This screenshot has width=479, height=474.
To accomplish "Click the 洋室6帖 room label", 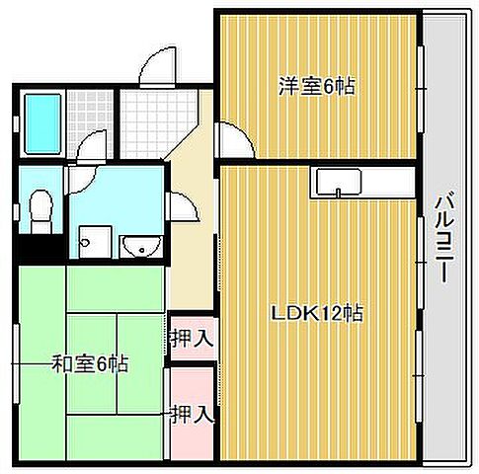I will point(316,87).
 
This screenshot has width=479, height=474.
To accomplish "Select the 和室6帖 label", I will point(90,363).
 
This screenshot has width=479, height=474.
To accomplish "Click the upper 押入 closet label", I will point(192,339).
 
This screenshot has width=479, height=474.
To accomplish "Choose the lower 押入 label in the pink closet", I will point(192,413).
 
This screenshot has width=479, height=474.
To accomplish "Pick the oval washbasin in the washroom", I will point(138,245).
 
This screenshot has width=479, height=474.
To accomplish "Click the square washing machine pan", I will point(96,239).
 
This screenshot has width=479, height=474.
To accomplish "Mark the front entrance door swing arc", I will point(156,69).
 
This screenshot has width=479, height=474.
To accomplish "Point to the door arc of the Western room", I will point(235,143).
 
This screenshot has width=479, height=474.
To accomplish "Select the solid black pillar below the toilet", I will point(40,246).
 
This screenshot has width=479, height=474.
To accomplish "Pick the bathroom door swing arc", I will point(92,148).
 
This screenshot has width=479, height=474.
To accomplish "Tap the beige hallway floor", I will point(192,247).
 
